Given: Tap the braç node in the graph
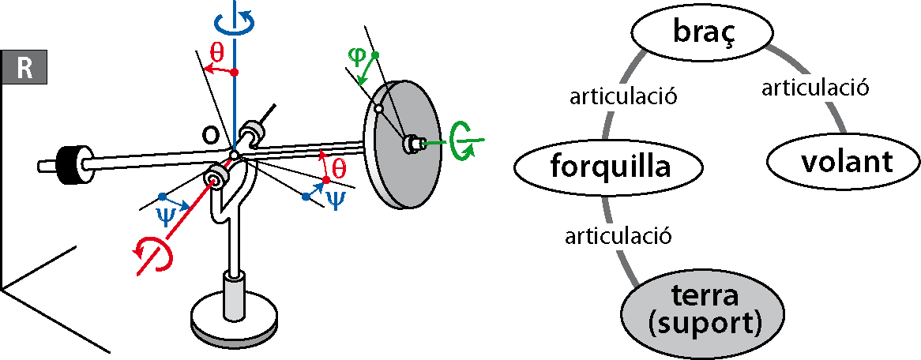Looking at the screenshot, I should tap(700, 32).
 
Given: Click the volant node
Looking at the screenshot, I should tap(846, 163).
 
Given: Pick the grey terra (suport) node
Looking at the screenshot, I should tap(704, 310).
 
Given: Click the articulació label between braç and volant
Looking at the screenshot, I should tap(815, 88).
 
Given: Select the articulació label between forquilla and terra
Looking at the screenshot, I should tap(618, 234).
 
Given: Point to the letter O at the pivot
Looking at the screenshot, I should tap(211, 135).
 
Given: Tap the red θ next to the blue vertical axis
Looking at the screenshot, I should tap(217, 54).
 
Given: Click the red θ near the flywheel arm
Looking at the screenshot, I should tap(338, 167).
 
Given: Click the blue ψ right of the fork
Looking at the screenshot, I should tap(336, 198).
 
